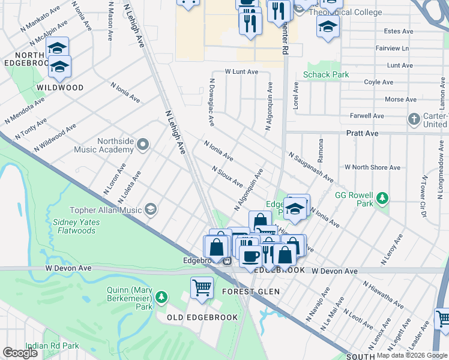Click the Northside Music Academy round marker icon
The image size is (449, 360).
[143, 144]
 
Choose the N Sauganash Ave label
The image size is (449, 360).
[310, 167]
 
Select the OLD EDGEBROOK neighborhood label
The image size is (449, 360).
[202, 317]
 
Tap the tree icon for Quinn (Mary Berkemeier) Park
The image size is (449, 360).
[161, 297]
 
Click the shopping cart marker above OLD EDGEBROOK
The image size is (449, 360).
[202, 287]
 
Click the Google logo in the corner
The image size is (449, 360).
[20, 353]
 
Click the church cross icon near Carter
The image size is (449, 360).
[414, 119]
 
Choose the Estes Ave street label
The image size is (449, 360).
[399, 31]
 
